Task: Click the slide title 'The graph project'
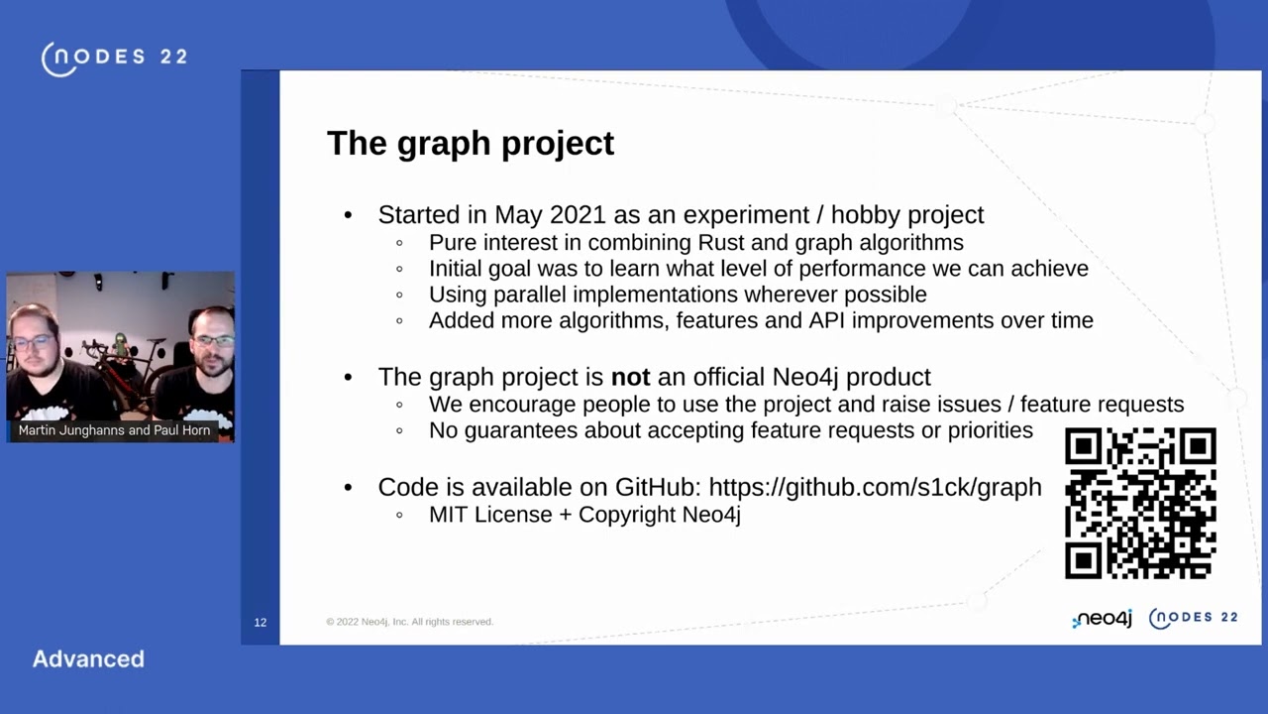click(470, 143)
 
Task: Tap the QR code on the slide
click(1139, 503)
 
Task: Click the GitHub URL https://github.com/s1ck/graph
click(875, 487)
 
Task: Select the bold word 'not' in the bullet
click(630, 377)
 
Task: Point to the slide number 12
click(260, 622)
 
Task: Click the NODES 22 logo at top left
click(114, 58)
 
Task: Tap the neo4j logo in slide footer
click(1102, 619)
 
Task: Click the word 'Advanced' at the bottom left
click(88, 658)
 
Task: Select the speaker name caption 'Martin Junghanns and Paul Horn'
click(114, 430)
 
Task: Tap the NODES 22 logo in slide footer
click(1193, 618)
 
